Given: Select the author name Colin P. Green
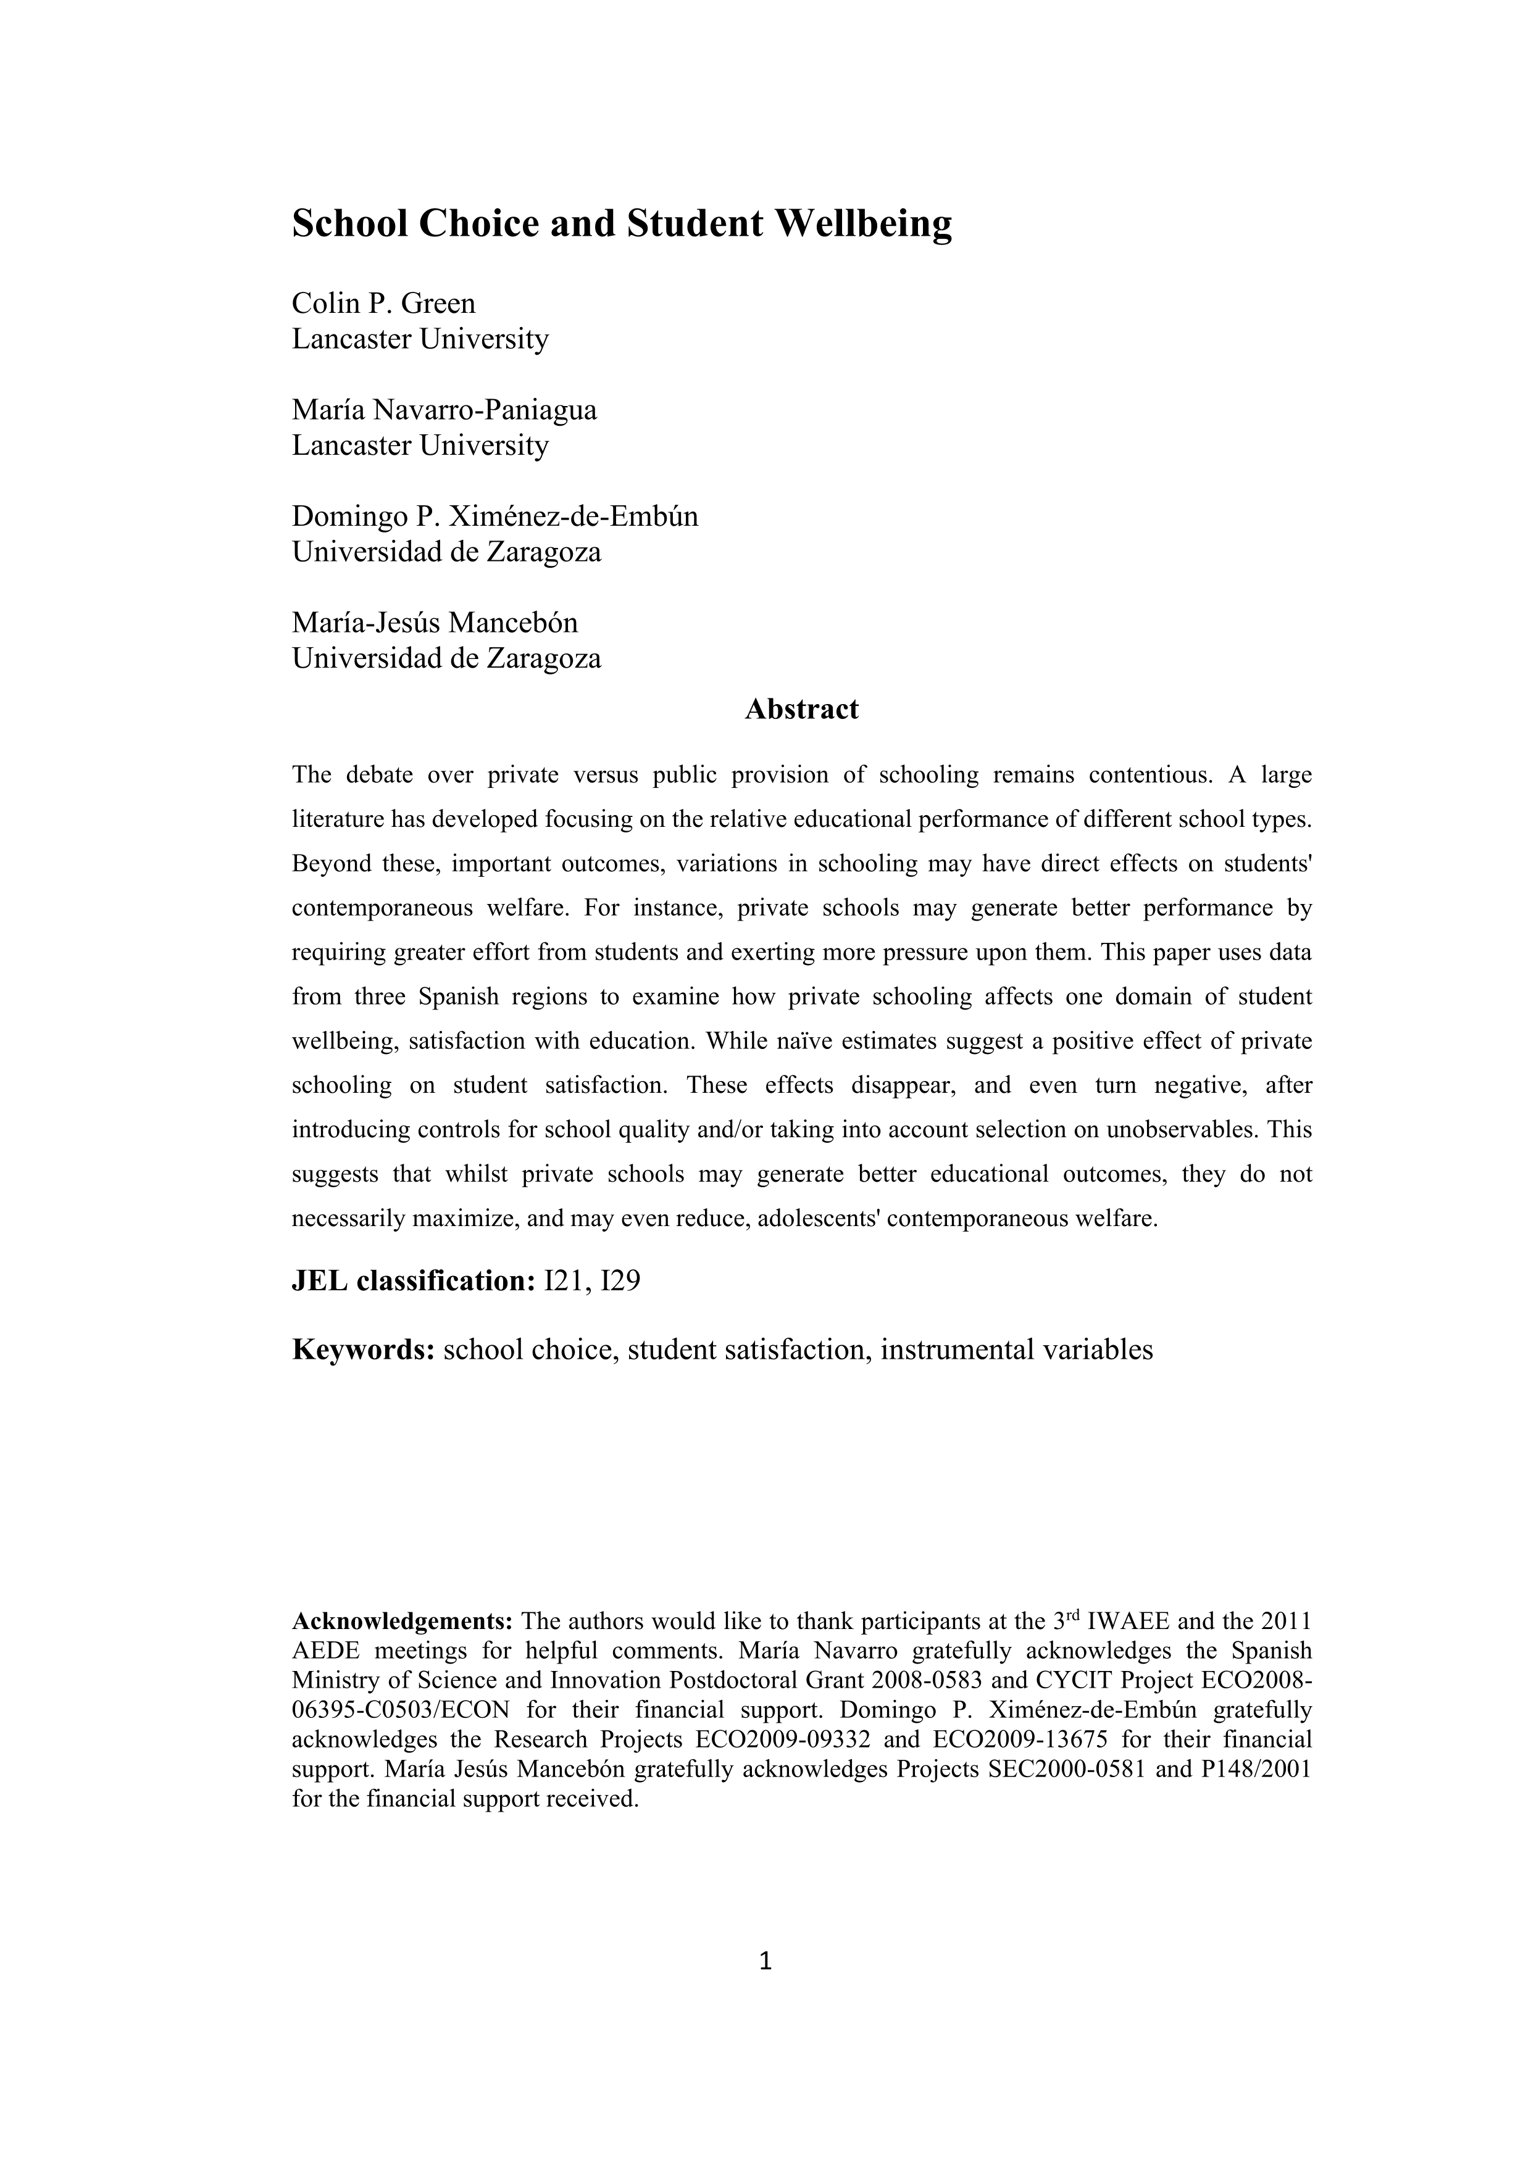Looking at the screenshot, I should coord(384,304).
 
